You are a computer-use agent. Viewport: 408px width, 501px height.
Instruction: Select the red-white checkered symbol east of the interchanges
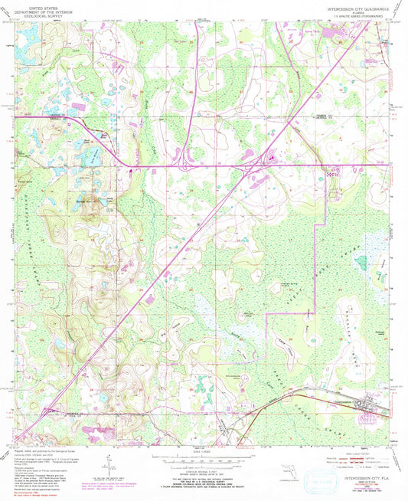[x=332, y=173]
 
